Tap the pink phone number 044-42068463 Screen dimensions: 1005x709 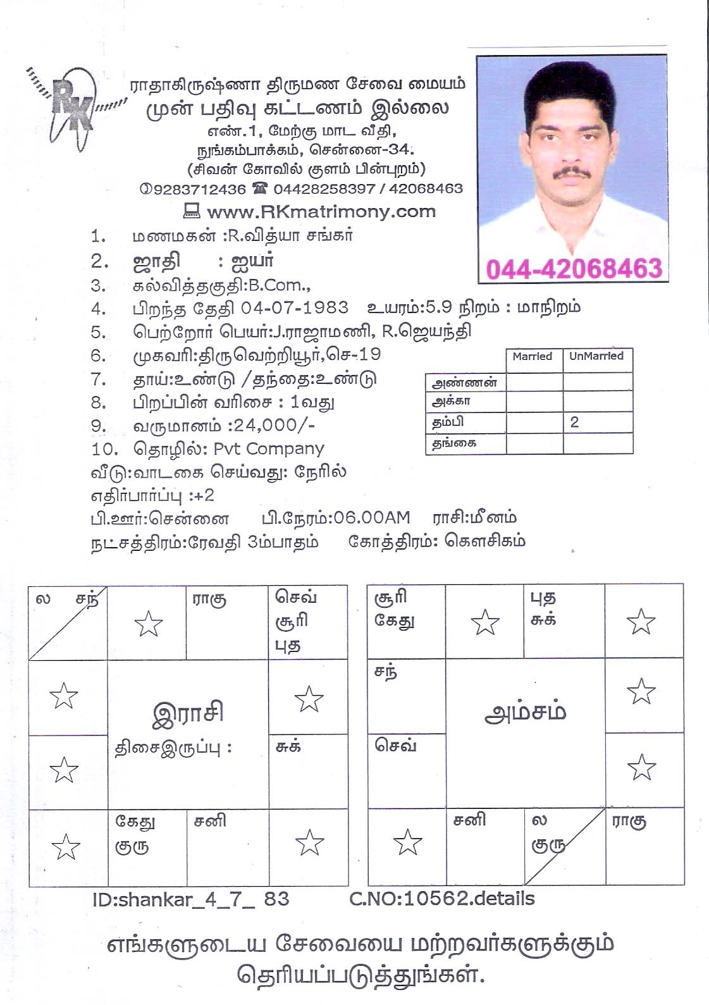point(574,269)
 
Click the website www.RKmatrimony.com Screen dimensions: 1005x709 point(321,211)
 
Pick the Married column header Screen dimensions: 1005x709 point(533,357)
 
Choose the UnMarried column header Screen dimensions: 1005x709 point(596,357)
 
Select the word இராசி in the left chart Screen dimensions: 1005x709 point(188,713)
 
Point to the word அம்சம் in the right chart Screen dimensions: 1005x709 point(525,712)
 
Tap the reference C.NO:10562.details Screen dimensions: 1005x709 point(441,899)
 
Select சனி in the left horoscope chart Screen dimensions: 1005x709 point(210,822)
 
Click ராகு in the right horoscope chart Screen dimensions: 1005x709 point(629,822)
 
